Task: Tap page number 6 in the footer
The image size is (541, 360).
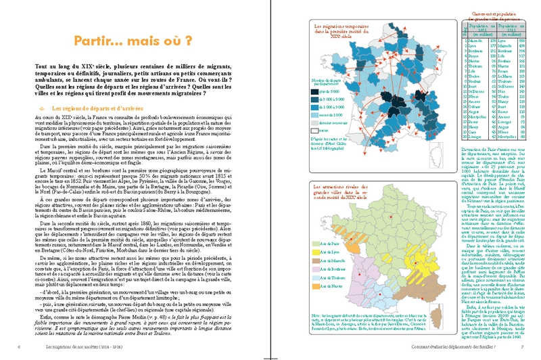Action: coord(19,347)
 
